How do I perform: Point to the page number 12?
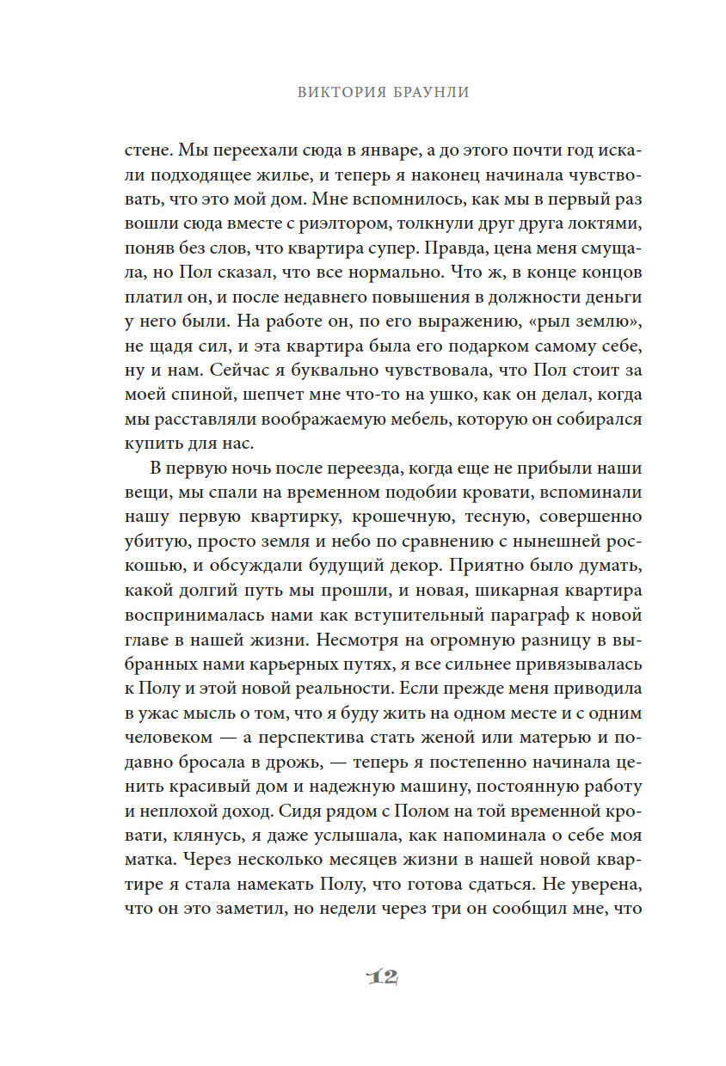tap(380, 977)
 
